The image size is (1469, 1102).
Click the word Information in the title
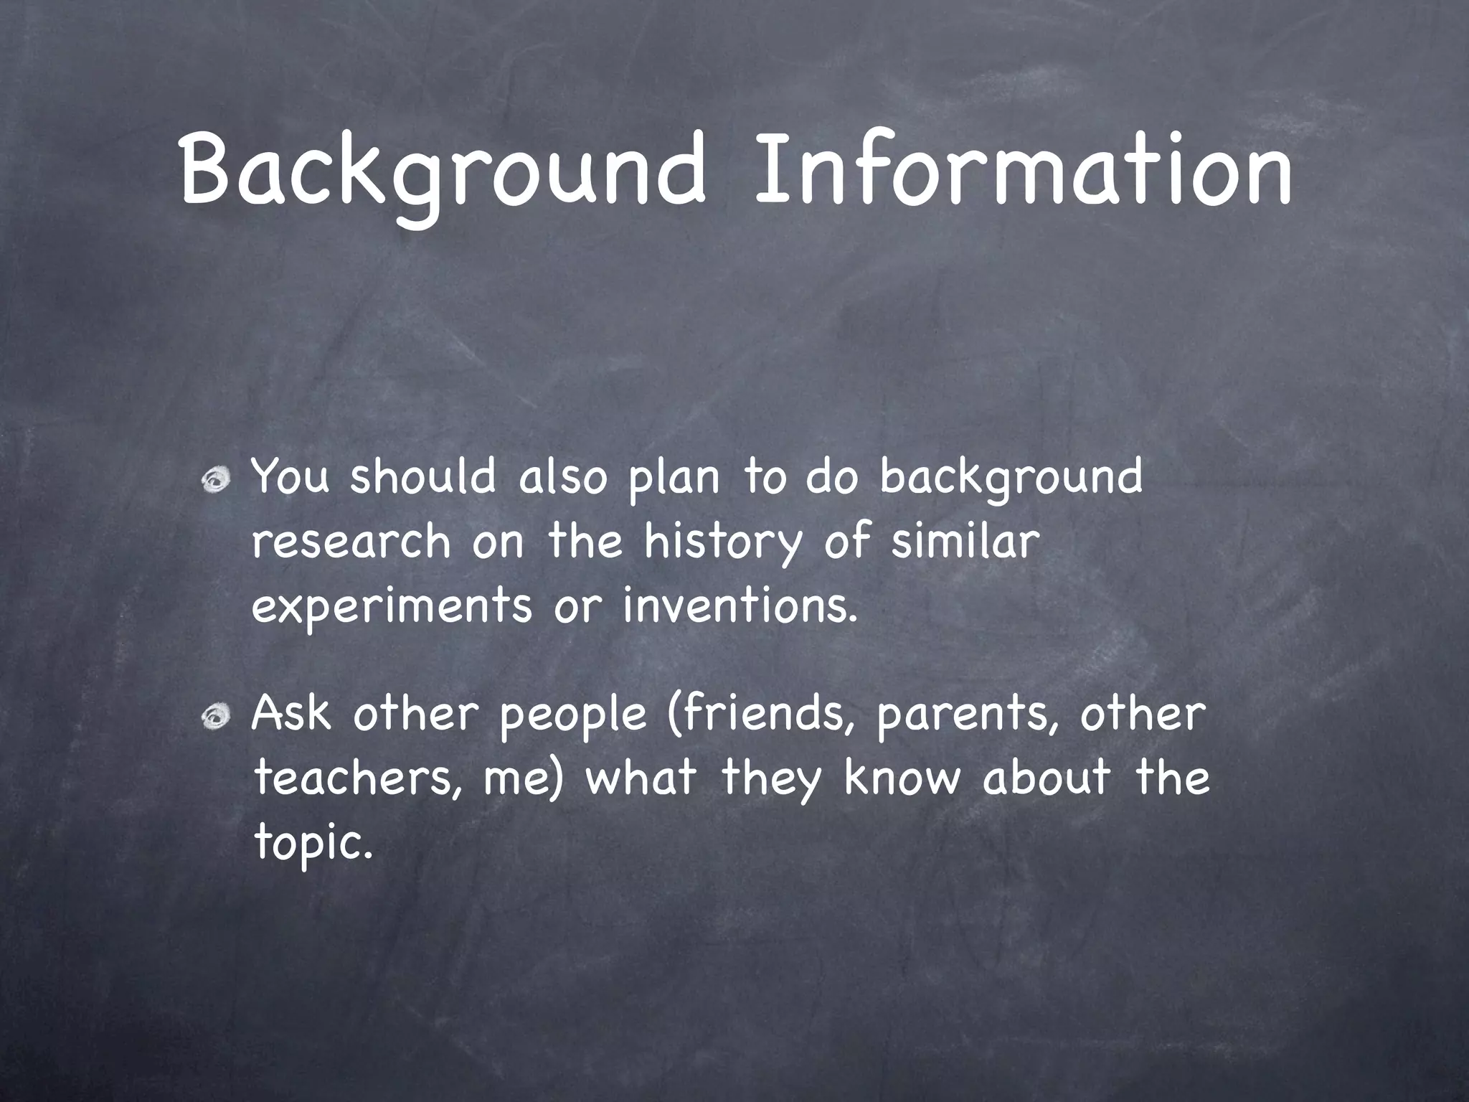point(1023,171)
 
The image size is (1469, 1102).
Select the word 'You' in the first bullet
point(291,476)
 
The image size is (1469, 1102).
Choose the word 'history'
point(722,543)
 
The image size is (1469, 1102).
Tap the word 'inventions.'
point(740,605)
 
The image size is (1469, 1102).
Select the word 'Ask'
point(291,714)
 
